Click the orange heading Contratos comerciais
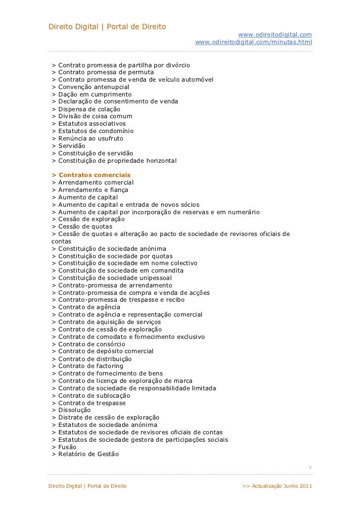click(x=94, y=175)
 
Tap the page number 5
click(x=310, y=467)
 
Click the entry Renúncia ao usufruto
click(x=90, y=139)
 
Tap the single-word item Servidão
click(x=72, y=146)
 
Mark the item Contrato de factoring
click(x=91, y=366)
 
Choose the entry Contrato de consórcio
click(x=91, y=344)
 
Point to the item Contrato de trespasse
click(x=92, y=403)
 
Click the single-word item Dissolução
click(x=74, y=410)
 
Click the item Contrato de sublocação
click(x=94, y=395)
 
